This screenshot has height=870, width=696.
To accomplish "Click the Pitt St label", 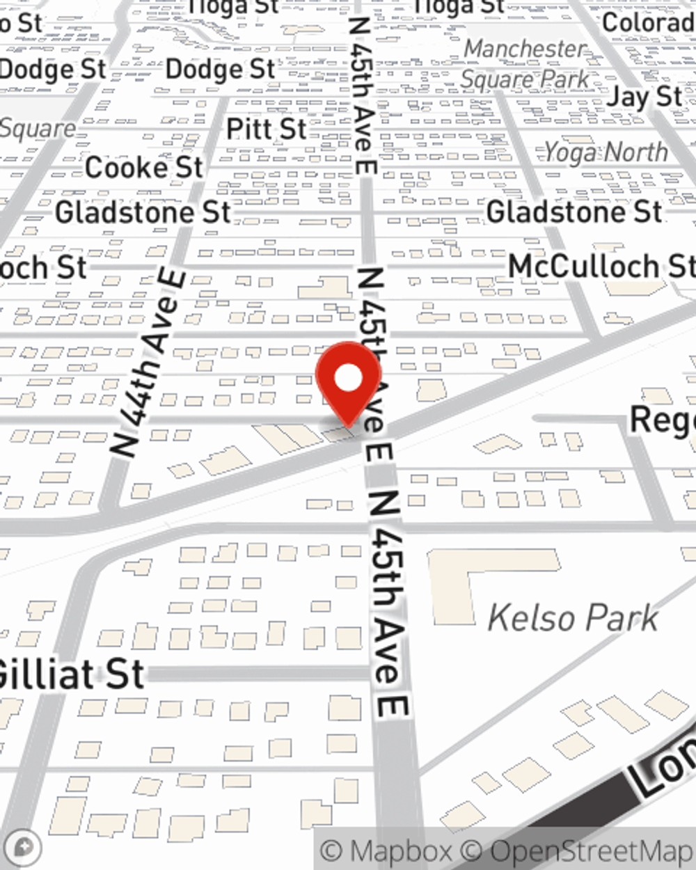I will pyautogui.click(x=267, y=129).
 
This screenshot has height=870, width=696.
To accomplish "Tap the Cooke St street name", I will pyautogui.click(x=144, y=168).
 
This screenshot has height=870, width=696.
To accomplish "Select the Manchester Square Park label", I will pyautogui.click(x=525, y=64).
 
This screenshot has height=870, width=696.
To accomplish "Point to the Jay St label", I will pyautogui.click(x=644, y=97).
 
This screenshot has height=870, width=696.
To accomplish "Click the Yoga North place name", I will pyautogui.click(x=606, y=152).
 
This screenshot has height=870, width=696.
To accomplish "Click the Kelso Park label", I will pyautogui.click(x=572, y=618).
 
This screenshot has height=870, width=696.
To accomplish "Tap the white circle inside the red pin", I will pyautogui.click(x=349, y=379).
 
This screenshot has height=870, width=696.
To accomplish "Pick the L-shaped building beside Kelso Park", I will pyautogui.click(x=480, y=578).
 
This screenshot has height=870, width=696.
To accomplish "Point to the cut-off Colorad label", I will pyautogui.click(x=648, y=22).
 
